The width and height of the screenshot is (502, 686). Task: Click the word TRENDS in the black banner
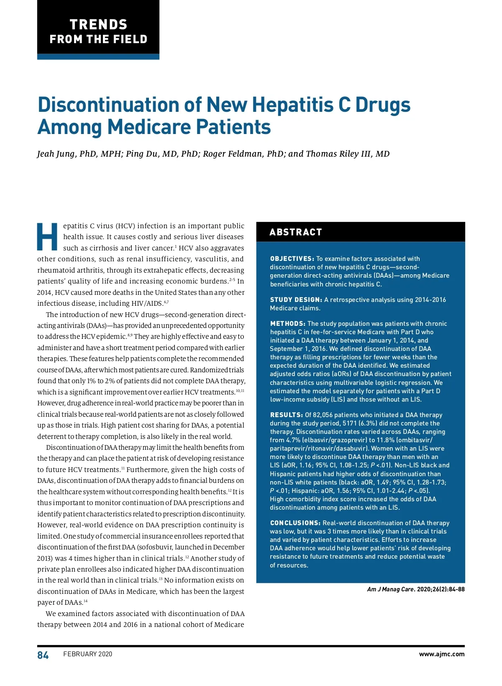coord(98,24)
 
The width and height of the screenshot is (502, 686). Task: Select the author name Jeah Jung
coord(56,154)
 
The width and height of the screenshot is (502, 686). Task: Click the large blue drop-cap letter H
coord(47,237)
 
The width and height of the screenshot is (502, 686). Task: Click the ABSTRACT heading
coord(296,232)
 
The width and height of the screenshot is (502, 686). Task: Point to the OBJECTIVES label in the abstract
coord(292,259)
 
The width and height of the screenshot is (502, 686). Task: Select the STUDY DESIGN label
coord(296,300)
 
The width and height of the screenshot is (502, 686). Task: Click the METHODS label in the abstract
coord(287,324)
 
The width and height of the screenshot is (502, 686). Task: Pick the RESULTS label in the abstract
coord(286,415)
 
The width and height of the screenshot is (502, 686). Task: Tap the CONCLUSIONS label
coord(295,523)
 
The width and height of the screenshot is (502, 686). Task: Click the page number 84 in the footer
coord(43,655)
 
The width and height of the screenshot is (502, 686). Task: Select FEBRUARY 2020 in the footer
coord(88,654)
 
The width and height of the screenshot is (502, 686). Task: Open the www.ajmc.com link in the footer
coord(442,654)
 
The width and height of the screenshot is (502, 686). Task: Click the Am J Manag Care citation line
coord(416,589)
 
